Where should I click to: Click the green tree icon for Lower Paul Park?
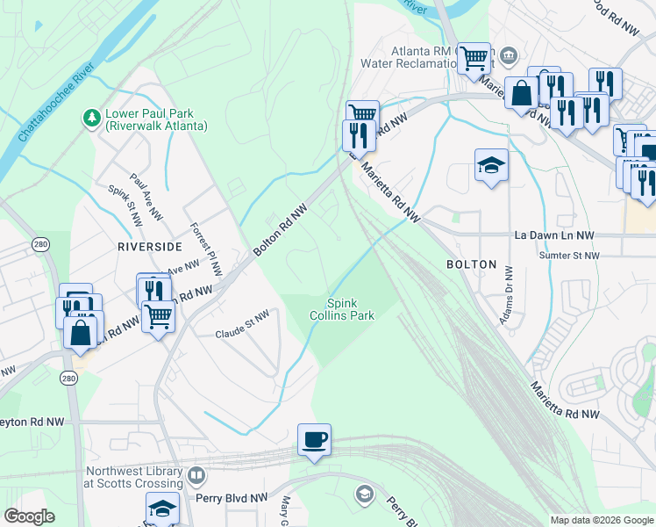click(91, 118)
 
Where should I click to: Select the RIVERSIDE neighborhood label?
click(150, 248)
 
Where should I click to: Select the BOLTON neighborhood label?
click(471, 264)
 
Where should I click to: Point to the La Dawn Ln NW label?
click(554, 235)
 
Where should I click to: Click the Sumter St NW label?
click(569, 256)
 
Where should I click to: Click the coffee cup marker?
click(314, 439)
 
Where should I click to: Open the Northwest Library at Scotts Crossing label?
click(133, 477)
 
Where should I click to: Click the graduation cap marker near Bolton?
click(491, 165)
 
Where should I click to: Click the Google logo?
click(30, 516)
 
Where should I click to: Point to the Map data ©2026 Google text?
click(601, 520)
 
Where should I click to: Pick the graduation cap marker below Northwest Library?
click(162, 509)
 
